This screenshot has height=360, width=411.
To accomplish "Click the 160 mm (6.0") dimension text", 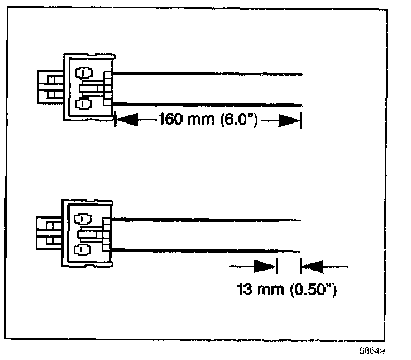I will pos(207,120).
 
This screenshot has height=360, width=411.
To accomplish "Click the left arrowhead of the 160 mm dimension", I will pos(127,120).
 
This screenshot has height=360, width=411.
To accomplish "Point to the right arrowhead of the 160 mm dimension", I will pos(289,120).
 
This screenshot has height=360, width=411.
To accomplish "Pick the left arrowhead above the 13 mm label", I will pos(265,267).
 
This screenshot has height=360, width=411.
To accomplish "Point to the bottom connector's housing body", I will pos(89,234).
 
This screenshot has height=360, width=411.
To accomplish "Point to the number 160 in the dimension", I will pos(170,120).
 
